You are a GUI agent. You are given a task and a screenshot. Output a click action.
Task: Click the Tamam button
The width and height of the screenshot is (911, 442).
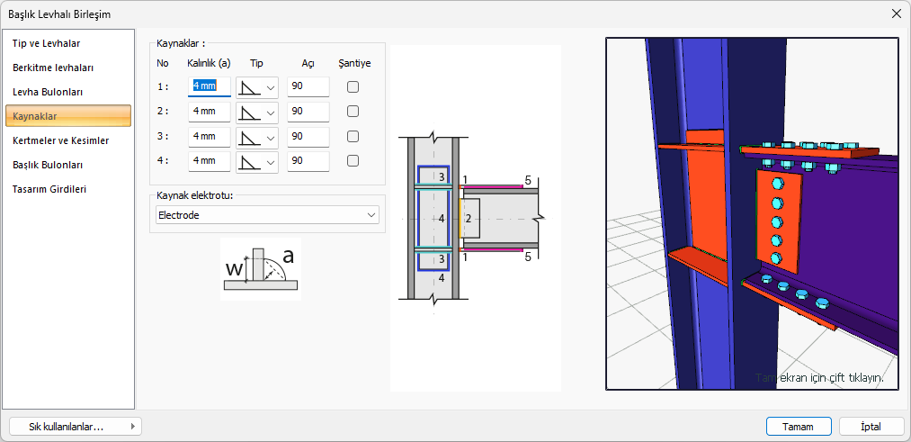[x=799, y=427]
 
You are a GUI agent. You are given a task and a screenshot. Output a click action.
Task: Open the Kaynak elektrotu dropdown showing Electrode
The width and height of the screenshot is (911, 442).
[x=267, y=215]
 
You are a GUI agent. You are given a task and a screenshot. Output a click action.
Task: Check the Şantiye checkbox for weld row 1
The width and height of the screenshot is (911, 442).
[x=353, y=86]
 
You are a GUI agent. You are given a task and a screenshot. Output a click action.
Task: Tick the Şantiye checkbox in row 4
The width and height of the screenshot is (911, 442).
[x=353, y=160]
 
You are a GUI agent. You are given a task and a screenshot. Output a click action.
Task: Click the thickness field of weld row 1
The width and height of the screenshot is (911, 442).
[x=210, y=86]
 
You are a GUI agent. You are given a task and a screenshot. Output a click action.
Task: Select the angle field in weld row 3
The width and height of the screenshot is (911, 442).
[x=308, y=136]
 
